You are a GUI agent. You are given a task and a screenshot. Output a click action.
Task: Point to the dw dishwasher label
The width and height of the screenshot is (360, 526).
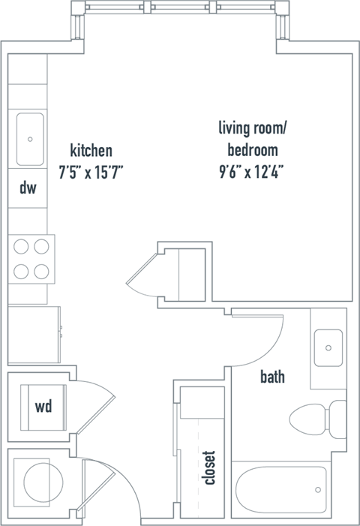28,188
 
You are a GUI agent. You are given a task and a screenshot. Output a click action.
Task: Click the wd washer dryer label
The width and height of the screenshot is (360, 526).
43,407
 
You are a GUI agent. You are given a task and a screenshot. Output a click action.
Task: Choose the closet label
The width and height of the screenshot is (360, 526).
209,467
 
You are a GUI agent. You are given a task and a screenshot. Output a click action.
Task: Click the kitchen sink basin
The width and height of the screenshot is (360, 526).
29,139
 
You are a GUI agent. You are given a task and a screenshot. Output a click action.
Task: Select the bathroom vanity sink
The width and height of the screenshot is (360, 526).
328,347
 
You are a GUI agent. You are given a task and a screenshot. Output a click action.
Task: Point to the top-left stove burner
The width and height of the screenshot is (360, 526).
21,245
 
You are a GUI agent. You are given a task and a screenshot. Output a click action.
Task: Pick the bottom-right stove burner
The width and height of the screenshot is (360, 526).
41,270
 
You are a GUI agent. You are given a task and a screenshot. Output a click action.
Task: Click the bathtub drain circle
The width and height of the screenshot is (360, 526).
319,491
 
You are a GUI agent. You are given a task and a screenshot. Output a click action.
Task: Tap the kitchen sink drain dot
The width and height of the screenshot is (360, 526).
30,139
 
